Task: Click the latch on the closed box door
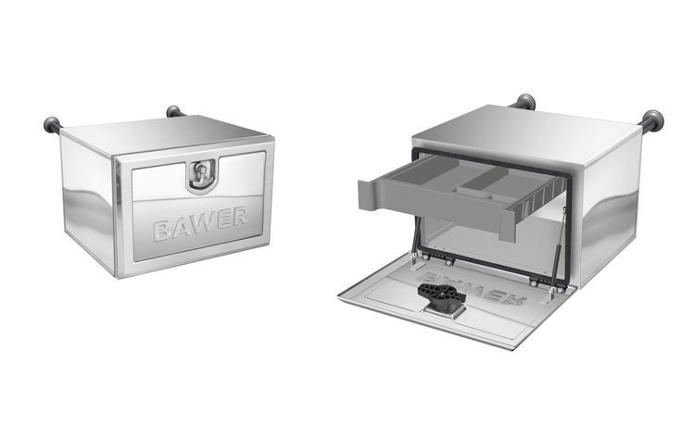200,174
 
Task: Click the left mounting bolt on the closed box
52,125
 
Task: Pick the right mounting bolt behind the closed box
174,112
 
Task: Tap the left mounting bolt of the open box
525,101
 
